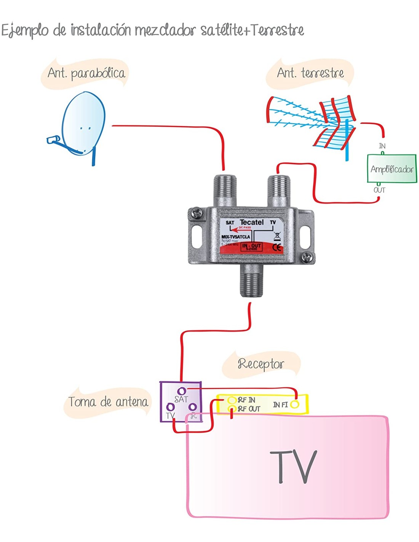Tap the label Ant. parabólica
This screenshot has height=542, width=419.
pyautogui.click(x=86, y=73)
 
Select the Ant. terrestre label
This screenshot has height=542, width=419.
pyautogui.click(x=310, y=72)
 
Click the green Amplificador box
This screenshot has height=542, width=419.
pyautogui.click(x=392, y=169)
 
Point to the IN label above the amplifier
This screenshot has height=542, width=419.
pyautogui.click(x=382, y=146)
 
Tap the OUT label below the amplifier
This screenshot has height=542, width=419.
pyautogui.click(x=379, y=190)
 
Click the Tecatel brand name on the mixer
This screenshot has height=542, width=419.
pyautogui.click(x=251, y=222)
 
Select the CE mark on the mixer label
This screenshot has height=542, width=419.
pyautogui.click(x=278, y=247)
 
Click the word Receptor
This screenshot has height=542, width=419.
pyautogui.click(x=261, y=364)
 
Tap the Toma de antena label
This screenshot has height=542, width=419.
pyautogui.click(x=108, y=402)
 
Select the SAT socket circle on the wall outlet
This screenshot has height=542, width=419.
pyautogui.click(x=182, y=391)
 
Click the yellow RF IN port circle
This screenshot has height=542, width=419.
pyautogui.click(x=232, y=400)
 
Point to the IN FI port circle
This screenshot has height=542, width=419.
pyautogui.click(x=294, y=404)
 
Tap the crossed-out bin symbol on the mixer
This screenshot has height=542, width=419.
pyautogui.click(x=277, y=236)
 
